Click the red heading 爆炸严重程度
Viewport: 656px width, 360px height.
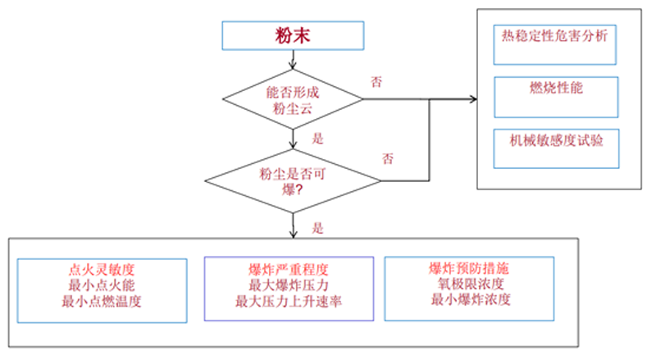[x=288, y=269]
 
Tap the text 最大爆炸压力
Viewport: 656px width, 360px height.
[x=288, y=285]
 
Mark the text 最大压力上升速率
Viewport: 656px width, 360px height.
[x=288, y=301]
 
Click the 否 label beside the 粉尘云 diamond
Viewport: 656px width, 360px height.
[x=376, y=81]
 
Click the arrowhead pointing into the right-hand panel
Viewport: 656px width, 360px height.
[x=472, y=101]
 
